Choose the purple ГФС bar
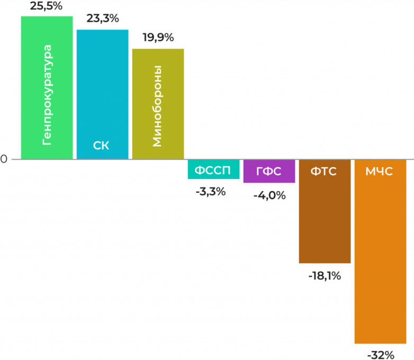(x=269, y=171)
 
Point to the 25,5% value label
(x=47, y=7)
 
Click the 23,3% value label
(x=102, y=19)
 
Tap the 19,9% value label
(x=158, y=38)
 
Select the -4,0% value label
(x=269, y=195)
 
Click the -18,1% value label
(x=324, y=276)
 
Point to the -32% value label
(x=381, y=354)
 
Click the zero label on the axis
(x=4, y=159)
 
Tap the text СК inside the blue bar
(x=101, y=145)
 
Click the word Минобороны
(x=157, y=106)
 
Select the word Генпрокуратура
(x=47, y=95)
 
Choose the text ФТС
(x=323, y=171)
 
